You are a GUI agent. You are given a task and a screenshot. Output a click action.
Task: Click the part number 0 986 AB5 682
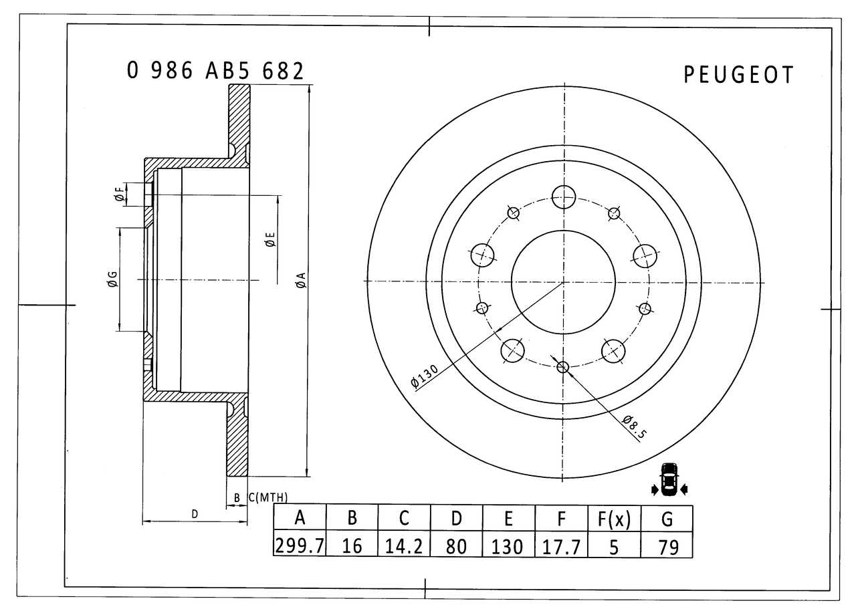tap(215, 71)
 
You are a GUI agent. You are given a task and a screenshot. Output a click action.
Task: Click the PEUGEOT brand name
tap(738, 75)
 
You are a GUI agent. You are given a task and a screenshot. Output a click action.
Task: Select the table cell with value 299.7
tap(300, 546)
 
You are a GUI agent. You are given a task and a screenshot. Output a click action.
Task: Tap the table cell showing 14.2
tap(404, 546)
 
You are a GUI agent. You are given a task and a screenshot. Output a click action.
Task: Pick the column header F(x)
tap(614, 518)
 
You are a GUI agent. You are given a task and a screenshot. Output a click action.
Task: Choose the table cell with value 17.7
tap(561, 546)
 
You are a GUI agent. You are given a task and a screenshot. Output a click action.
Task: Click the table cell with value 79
tap(667, 546)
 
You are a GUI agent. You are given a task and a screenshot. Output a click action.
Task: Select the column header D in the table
tap(456, 518)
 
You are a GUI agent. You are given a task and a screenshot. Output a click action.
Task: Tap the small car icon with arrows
tap(668, 479)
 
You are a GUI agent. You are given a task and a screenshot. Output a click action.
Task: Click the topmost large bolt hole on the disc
tap(564, 197)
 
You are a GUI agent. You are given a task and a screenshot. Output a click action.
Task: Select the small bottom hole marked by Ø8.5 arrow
tap(562, 366)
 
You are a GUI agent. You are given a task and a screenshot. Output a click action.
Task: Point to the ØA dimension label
tap(301, 280)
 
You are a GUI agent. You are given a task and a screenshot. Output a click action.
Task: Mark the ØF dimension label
tap(119, 195)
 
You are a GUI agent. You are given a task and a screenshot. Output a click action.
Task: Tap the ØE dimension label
tap(270, 240)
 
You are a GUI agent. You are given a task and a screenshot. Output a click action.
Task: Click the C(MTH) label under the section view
tap(267, 497)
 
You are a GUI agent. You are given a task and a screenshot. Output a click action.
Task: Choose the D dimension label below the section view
tap(195, 514)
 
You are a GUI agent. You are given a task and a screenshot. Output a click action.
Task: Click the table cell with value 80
tap(456, 546)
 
